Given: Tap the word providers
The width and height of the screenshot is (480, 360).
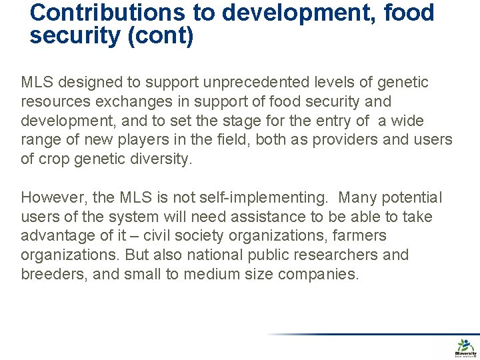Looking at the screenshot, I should coord(351,140).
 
